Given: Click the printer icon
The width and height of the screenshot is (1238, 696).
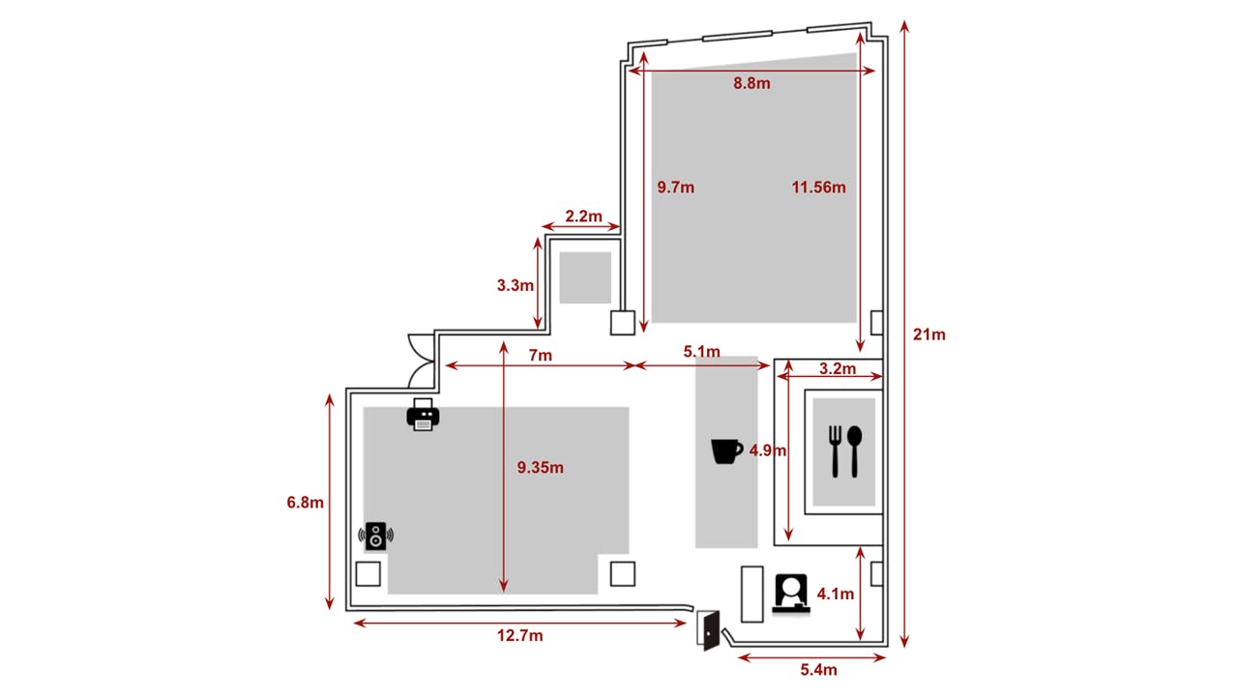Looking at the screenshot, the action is click(x=423, y=415).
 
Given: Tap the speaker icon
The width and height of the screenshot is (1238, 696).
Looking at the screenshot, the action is click(x=376, y=536).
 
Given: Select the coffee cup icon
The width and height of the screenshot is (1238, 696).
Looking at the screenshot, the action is click(x=726, y=451).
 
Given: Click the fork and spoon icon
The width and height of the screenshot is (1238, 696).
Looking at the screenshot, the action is click(x=844, y=451).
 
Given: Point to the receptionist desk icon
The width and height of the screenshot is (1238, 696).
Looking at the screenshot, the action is click(x=791, y=594).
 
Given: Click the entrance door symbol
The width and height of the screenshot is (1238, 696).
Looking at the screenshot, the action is click(x=708, y=630).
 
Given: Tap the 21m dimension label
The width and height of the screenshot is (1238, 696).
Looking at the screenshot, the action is click(x=929, y=334).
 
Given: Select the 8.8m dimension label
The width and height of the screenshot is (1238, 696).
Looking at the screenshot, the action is click(x=752, y=83).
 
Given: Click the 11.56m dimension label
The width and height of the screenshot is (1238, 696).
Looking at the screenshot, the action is click(x=818, y=188).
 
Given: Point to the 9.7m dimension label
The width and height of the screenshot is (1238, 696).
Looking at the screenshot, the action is click(x=675, y=188).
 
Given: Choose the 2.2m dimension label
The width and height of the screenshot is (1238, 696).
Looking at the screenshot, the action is click(x=583, y=217).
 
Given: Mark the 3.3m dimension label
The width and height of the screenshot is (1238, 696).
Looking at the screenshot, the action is click(x=516, y=285).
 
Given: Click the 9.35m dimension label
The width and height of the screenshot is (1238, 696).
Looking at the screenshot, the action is click(x=540, y=468).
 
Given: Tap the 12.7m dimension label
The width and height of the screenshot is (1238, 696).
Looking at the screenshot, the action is click(x=519, y=636).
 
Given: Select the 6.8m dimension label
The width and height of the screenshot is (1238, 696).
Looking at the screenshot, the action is click(x=305, y=503).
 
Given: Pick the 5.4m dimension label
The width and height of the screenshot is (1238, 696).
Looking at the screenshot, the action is click(x=818, y=670).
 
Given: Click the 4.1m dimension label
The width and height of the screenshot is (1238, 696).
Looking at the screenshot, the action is click(x=835, y=594).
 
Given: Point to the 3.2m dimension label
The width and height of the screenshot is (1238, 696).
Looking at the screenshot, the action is click(x=838, y=368).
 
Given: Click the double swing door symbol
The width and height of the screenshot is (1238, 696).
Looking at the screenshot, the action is click(x=421, y=361).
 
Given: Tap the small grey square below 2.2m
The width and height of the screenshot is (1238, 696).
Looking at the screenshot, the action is click(x=585, y=277).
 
